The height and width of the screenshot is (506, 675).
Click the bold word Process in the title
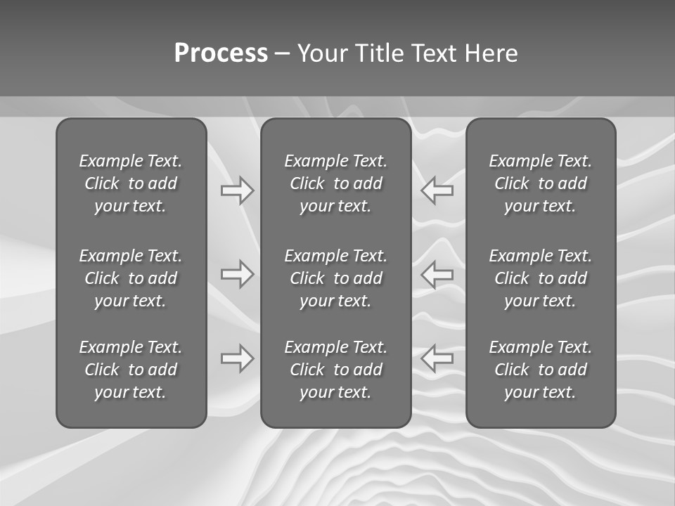click(221, 53)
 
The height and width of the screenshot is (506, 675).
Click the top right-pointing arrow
click(238, 190)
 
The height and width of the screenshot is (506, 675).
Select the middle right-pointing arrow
click(238, 274)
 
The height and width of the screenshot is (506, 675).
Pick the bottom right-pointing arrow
click(238, 358)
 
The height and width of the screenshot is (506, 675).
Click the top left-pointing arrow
click(437, 190)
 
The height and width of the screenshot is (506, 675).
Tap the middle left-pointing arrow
click(437, 274)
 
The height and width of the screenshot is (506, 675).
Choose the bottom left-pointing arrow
click(437, 358)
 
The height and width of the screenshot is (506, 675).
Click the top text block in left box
click(131, 183)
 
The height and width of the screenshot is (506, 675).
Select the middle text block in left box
click(131, 278)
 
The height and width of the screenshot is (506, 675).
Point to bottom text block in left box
click(131, 370)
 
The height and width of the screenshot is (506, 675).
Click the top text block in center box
click(335, 183)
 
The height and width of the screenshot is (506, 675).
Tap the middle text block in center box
click(335, 278)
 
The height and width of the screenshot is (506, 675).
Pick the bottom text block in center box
click(335, 370)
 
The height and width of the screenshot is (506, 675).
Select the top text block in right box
click(541, 183)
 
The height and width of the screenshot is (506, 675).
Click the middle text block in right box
click(541, 278)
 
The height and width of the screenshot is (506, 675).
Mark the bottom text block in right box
click(541, 370)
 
